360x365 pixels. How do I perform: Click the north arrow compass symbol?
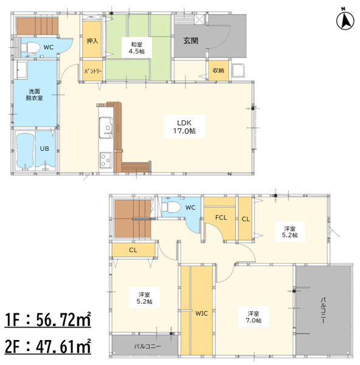tap(345, 21)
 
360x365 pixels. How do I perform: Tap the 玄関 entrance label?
tap(191, 41)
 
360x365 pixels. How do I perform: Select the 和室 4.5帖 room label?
tap(137, 47)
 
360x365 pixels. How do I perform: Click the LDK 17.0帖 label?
tap(184, 127)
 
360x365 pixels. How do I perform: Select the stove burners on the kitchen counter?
tap(106, 160)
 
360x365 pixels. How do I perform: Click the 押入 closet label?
tap(92, 41)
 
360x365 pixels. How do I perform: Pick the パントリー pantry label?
tap(93, 71)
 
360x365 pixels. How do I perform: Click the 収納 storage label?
tap(218, 70)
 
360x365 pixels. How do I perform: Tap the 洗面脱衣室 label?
tap(34, 94)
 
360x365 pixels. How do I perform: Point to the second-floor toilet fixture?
tap(171, 207)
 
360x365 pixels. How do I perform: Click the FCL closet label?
tap(221, 218)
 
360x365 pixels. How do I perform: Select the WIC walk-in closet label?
tap(201, 313)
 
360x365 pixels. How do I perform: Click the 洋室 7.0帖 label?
tap(254, 317)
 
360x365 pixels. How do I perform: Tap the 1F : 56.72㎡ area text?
tap(47, 320)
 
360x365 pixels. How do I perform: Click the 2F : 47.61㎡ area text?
tap(47, 347)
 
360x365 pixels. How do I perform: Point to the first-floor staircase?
tap(37, 26)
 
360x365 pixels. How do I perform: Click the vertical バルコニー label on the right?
tap(324, 310)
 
